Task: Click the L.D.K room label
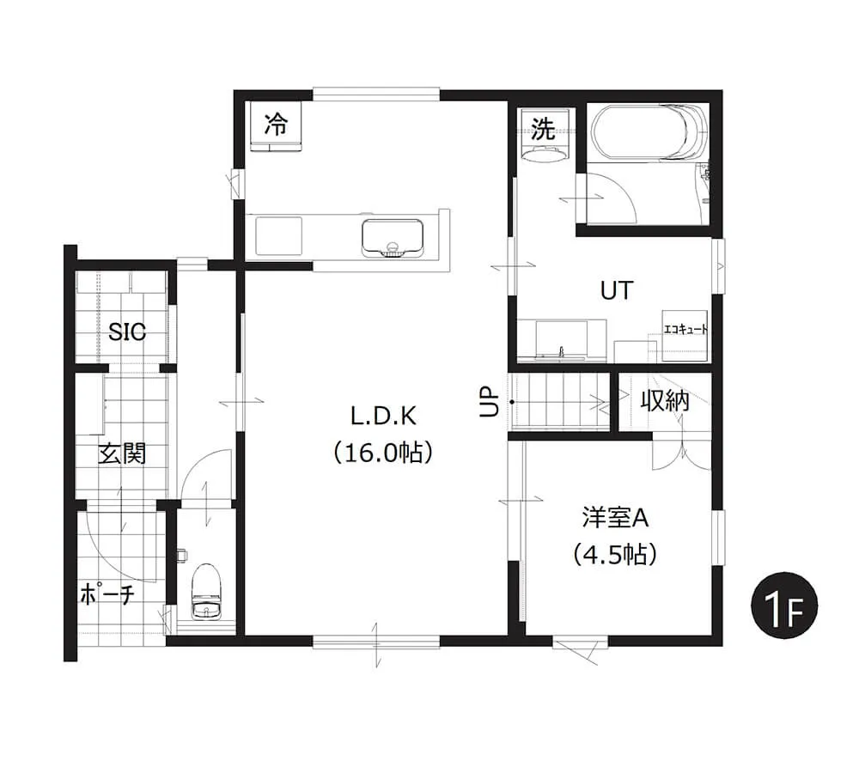coord(383,417)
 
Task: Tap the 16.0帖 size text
coord(383,453)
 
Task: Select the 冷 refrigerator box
coord(276,125)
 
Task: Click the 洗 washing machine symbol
coord(544,135)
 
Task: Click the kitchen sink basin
coord(393,238)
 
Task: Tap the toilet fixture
coord(206,592)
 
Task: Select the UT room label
coord(617,290)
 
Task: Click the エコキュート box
coord(685,335)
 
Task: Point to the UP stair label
coord(489,402)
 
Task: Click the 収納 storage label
coord(665,401)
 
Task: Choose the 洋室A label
coord(615,518)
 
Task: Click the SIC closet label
coord(127,332)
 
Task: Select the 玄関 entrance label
coord(122,453)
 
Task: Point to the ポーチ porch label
coord(107,593)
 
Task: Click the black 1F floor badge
coord(784,606)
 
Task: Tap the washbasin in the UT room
coord(561,341)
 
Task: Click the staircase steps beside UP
coord(559,402)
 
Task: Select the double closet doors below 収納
coord(681,451)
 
